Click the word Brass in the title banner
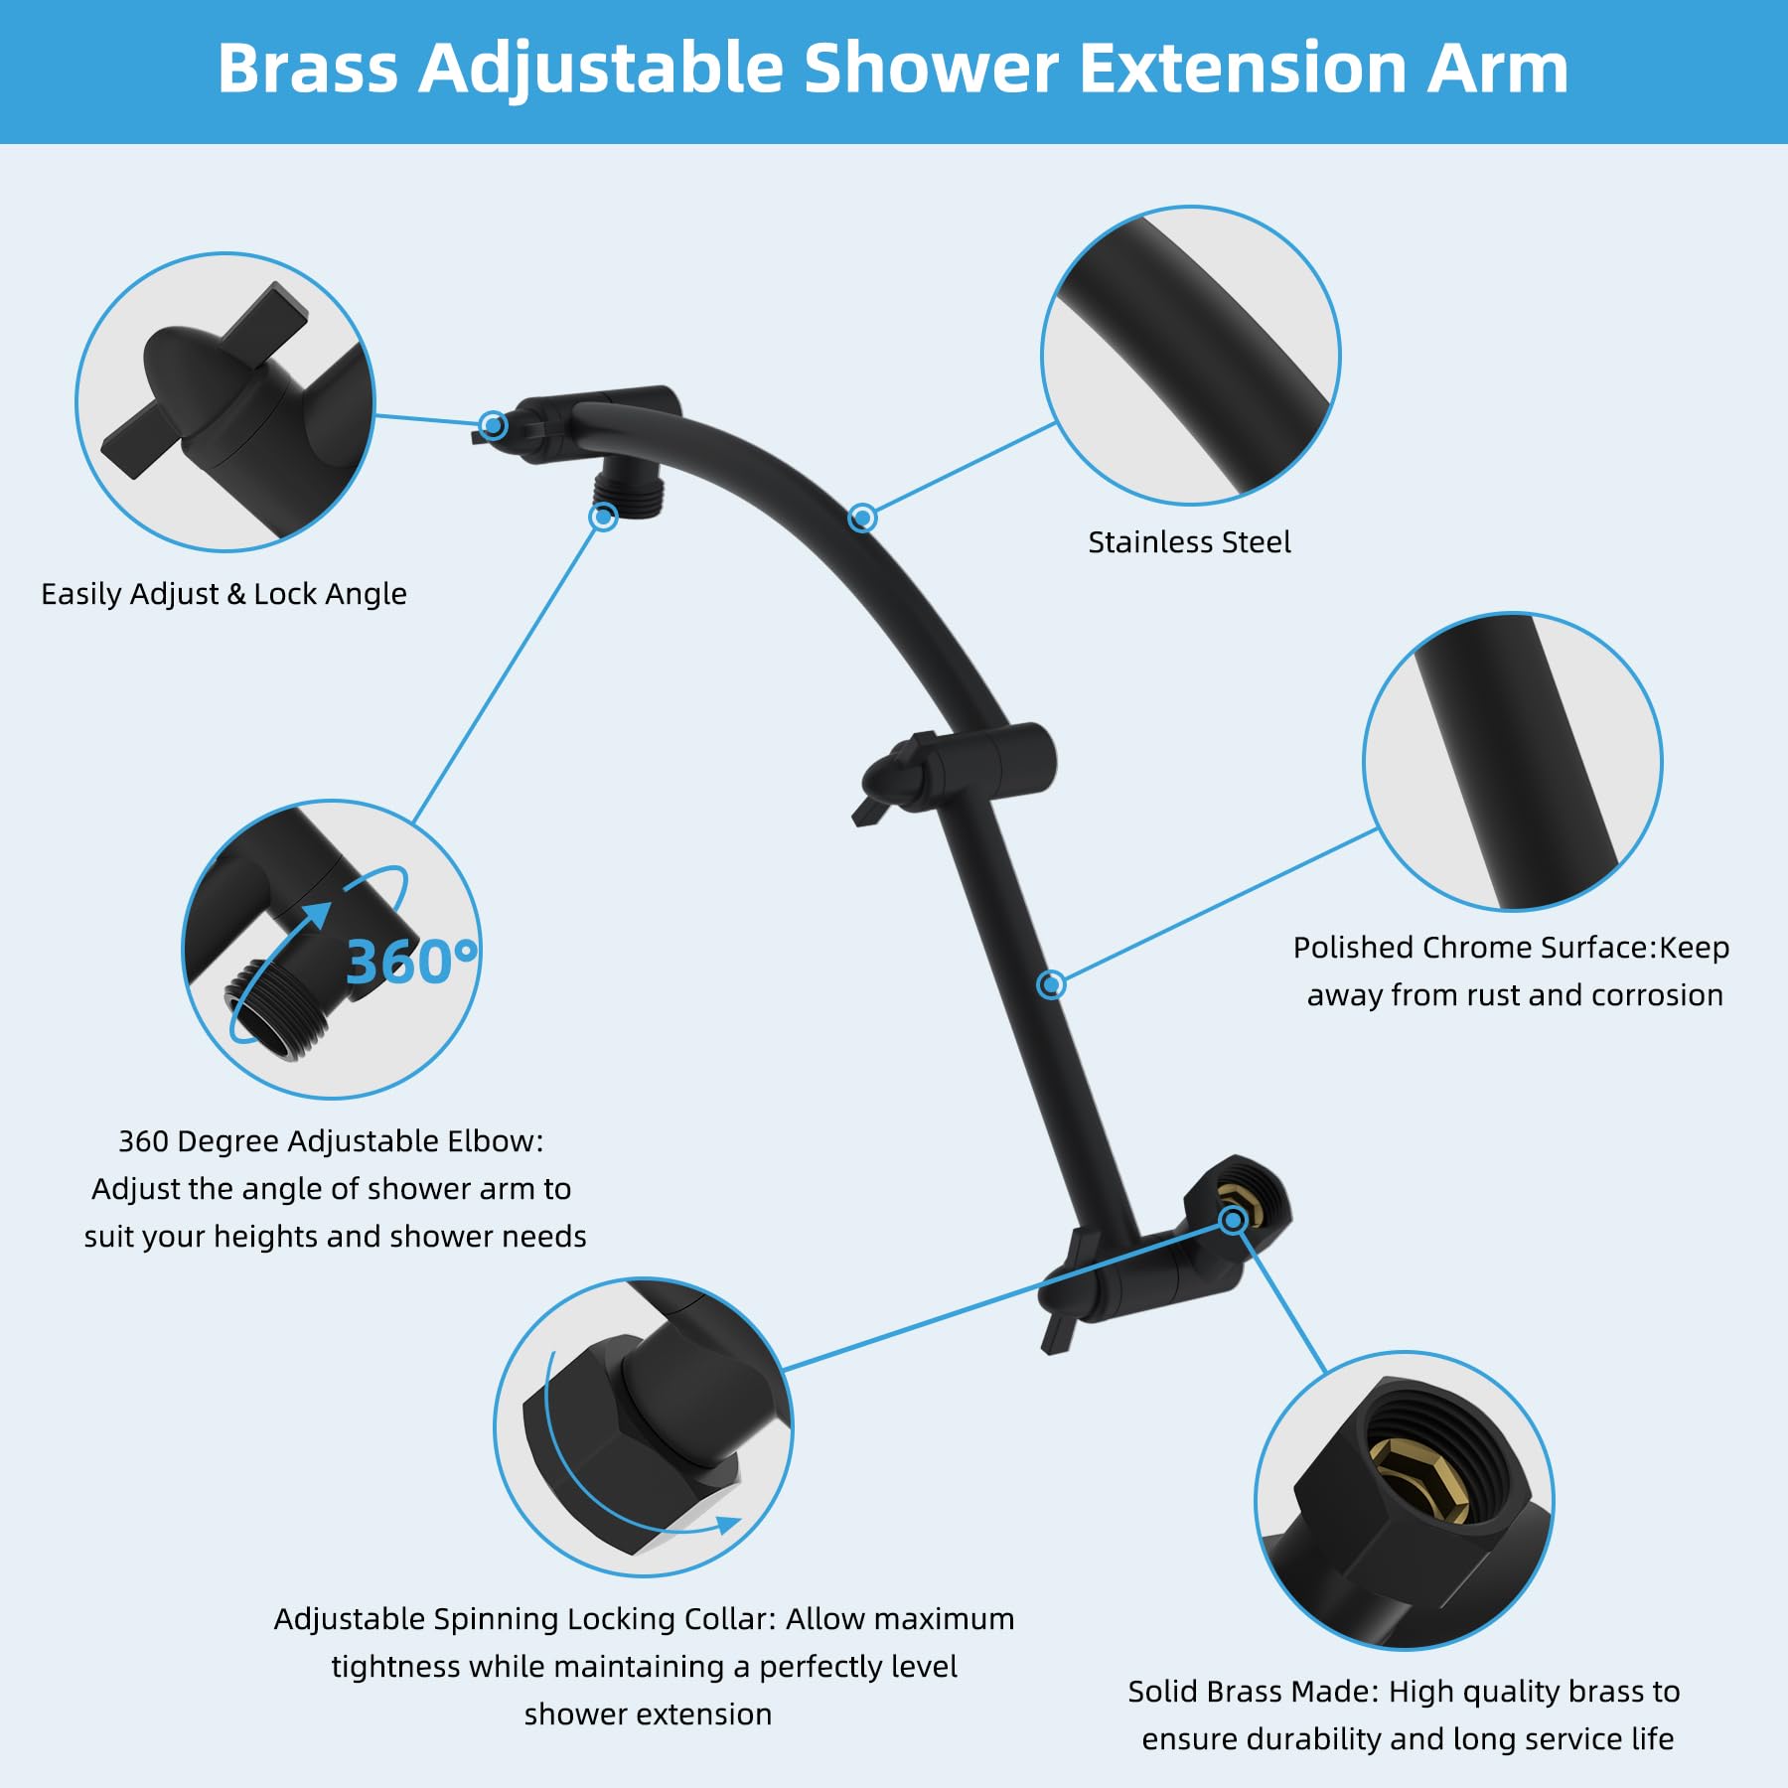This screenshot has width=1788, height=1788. pyautogui.click(x=307, y=70)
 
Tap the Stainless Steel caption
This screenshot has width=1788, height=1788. pyautogui.click(x=1189, y=542)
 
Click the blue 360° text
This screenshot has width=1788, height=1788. pyautogui.click(x=410, y=962)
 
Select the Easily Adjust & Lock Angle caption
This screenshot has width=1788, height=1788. pyautogui.click(x=223, y=594)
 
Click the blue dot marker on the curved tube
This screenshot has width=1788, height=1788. pyautogui.click(x=862, y=518)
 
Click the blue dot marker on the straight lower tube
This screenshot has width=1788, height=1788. pyautogui.click(x=1051, y=984)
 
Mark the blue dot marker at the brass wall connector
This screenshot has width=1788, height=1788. pyautogui.click(x=1233, y=1219)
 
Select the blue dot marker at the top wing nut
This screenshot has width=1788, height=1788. pyautogui.click(x=493, y=425)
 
